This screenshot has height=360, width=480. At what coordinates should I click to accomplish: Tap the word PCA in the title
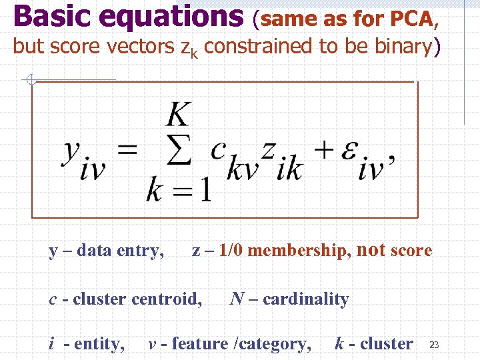point(411,19)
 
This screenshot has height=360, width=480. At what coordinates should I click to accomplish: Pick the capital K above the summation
point(178,115)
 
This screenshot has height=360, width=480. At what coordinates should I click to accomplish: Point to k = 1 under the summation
point(179,191)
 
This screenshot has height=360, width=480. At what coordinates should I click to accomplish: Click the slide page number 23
point(433,345)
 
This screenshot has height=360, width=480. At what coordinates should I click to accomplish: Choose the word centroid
point(166,299)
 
